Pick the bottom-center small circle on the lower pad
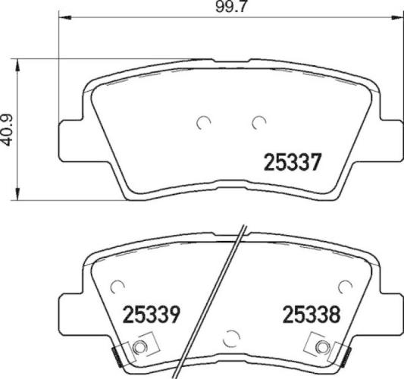(x=231, y=337)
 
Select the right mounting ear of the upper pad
(x=388, y=136)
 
